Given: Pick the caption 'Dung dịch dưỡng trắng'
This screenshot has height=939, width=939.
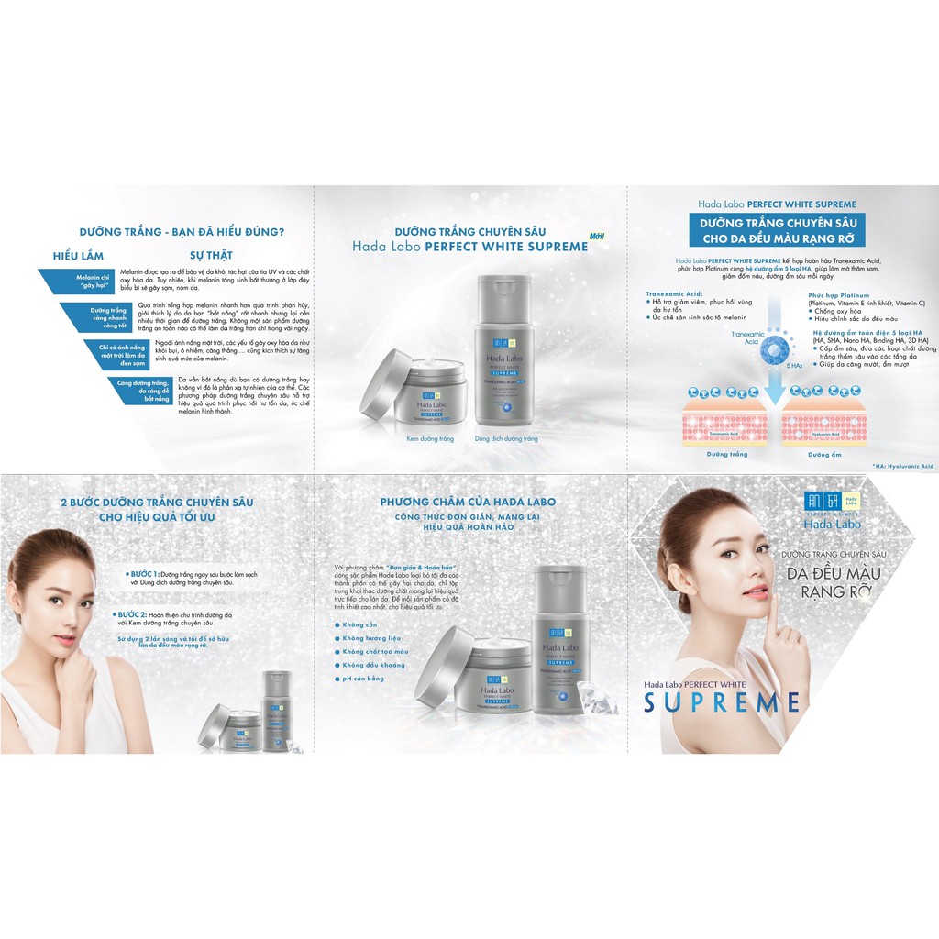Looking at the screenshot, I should coord(506,439).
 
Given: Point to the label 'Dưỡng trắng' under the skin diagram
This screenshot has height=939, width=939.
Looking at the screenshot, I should coord(726,454).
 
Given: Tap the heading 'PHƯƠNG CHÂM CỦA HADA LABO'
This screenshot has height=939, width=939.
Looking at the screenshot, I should coord(468,502).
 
